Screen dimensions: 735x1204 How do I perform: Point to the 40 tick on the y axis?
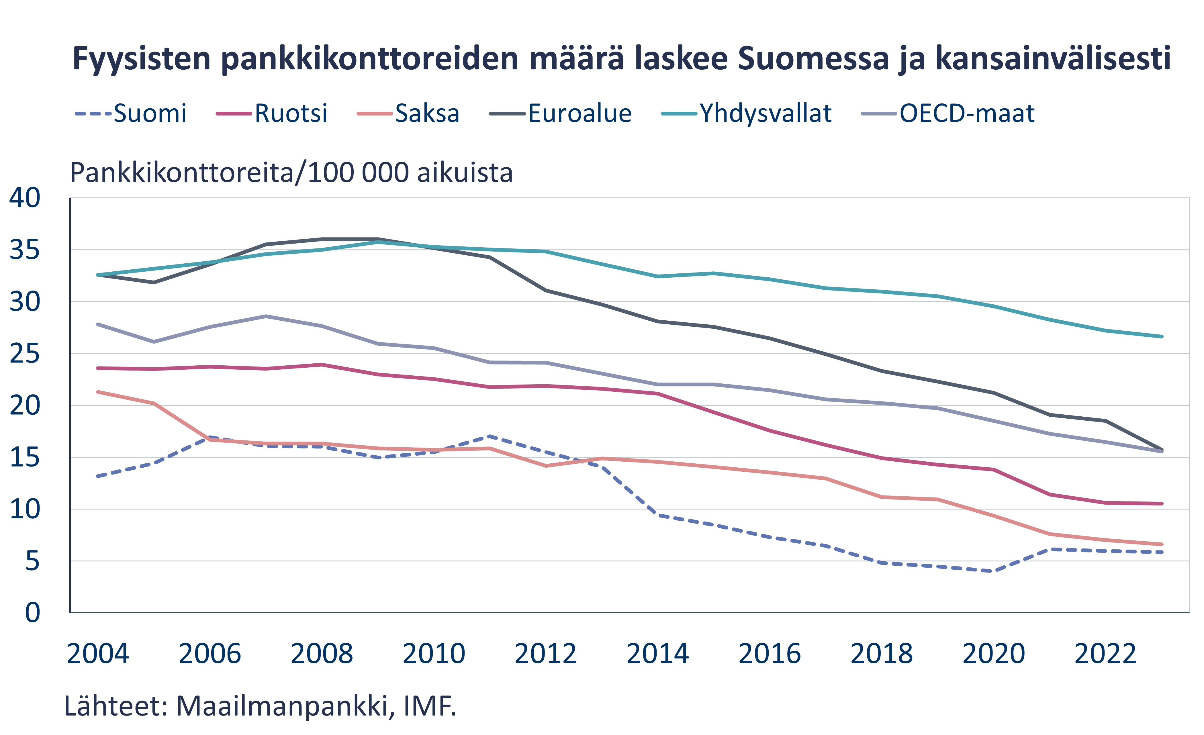point(24,198)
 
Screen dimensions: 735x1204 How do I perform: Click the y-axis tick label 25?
point(24,354)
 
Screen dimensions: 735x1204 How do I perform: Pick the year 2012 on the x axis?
point(545,654)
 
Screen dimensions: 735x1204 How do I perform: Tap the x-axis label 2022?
point(1105,654)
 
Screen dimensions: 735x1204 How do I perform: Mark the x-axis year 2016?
point(770,654)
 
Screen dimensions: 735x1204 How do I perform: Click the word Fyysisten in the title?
point(141,59)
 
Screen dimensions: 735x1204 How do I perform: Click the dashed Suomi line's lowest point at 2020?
point(993,571)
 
